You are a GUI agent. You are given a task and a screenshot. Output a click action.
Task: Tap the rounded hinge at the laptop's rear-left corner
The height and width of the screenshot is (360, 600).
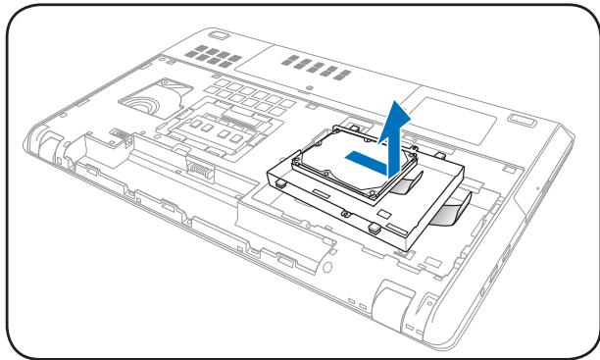(49, 137)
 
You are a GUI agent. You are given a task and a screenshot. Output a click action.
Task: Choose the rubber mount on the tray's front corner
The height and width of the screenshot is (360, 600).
(375, 227)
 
